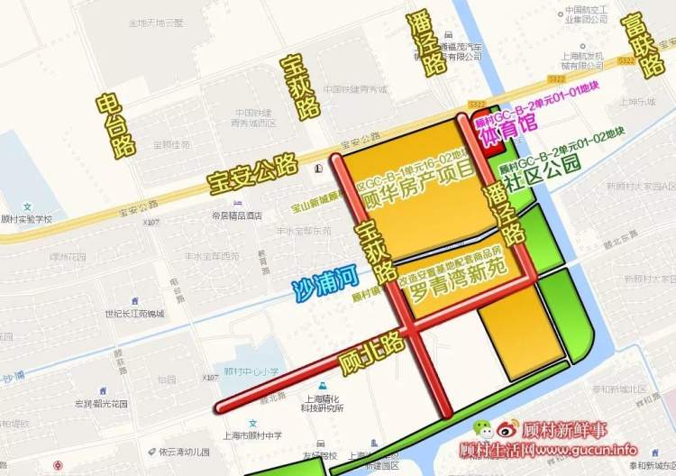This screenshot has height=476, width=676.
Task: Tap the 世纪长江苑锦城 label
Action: (133, 313)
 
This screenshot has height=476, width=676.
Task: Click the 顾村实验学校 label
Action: (27, 219)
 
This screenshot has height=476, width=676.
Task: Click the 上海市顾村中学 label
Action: (254, 435)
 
